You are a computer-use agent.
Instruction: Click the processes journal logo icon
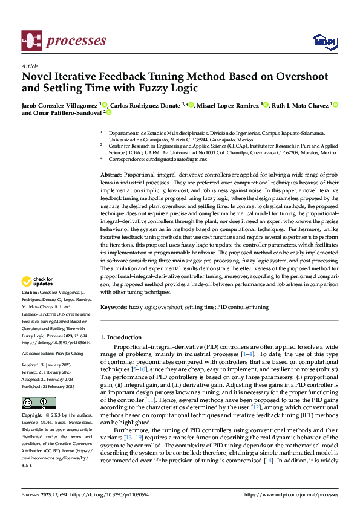[31, 41]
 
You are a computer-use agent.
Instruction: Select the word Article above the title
[30, 66]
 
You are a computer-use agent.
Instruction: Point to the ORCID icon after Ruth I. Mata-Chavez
[336, 105]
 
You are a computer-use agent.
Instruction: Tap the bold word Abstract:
[113, 174]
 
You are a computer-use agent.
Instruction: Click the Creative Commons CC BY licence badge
[38, 403]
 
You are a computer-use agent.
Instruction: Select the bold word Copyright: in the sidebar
[32, 417]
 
